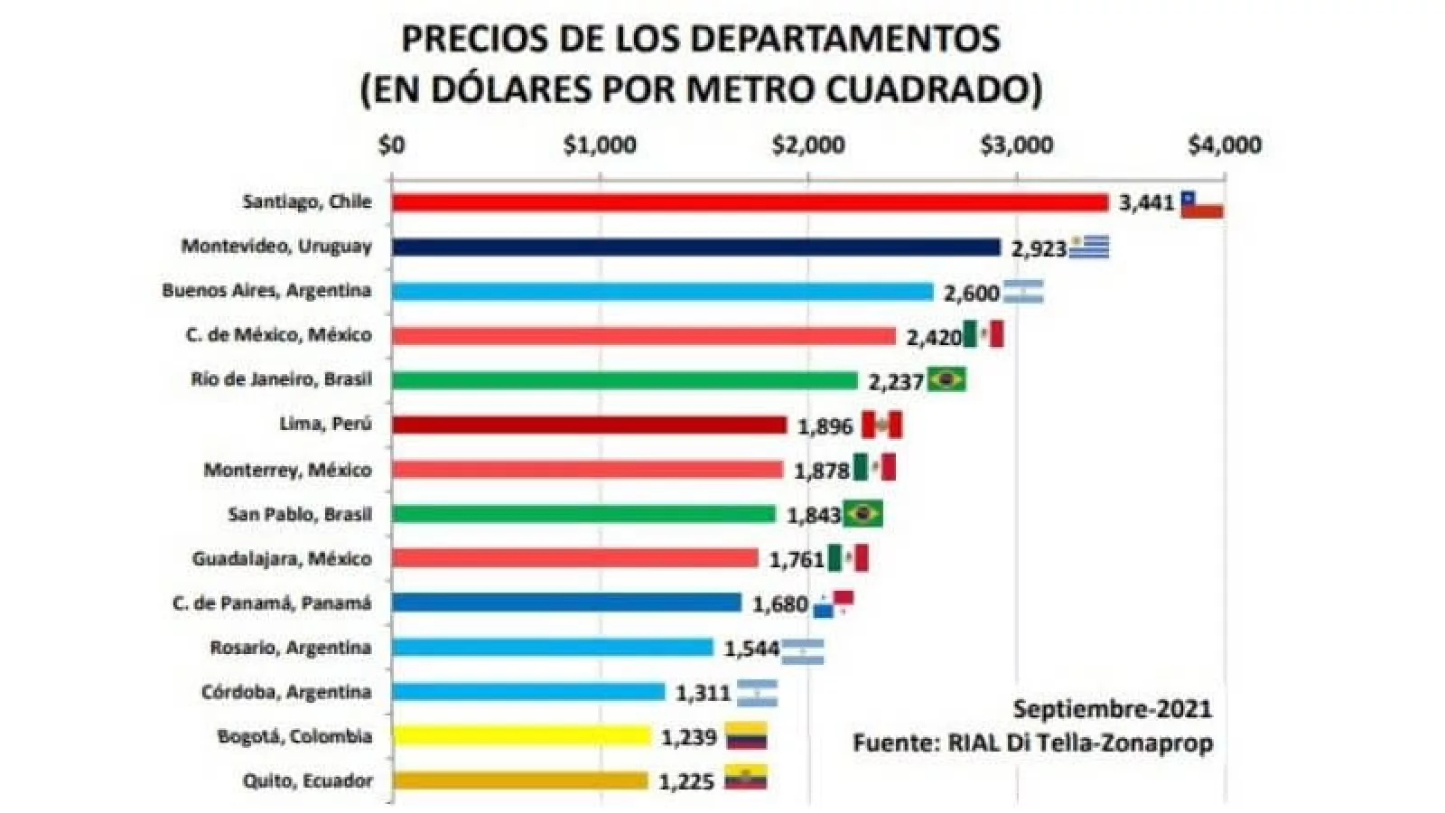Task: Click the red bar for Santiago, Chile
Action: pyautogui.click(x=750, y=202)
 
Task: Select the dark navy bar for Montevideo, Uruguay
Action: pyautogui.click(x=695, y=247)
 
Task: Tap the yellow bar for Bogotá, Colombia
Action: pyautogui.click(x=521, y=736)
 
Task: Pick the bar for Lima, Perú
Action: pyautogui.click(x=589, y=425)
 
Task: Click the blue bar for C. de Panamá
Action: pyautogui.click(x=566, y=603)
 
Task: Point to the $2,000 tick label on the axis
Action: pyautogui.click(x=808, y=145)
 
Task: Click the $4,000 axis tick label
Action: pyautogui.click(x=1224, y=145)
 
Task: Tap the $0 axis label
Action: pyautogui.click(x=392, y=145)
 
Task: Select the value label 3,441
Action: pyautogui.click(x=1146, y=202)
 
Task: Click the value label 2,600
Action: pyautogui.click(x=971, y=293)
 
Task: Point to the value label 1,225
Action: pyautogui.click(x=686, y=781)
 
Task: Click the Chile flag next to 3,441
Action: pyautogui.click(x=1202, y=204)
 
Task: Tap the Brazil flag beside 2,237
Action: pyautogui.click(x=946, y=379)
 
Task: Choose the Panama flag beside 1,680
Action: pyautogui.click(x=834, y=603)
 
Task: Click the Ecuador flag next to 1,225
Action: pyautogui.click(x=747, y=778)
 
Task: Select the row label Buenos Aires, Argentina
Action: pyautogui.click(x=266, y=290)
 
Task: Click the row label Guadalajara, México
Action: pyautogui.click(x=281, y=558)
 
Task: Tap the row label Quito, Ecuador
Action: pyautogui.click(x=307, y=780)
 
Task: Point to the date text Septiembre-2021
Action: pyautogui.click(x=1112, y=707)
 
